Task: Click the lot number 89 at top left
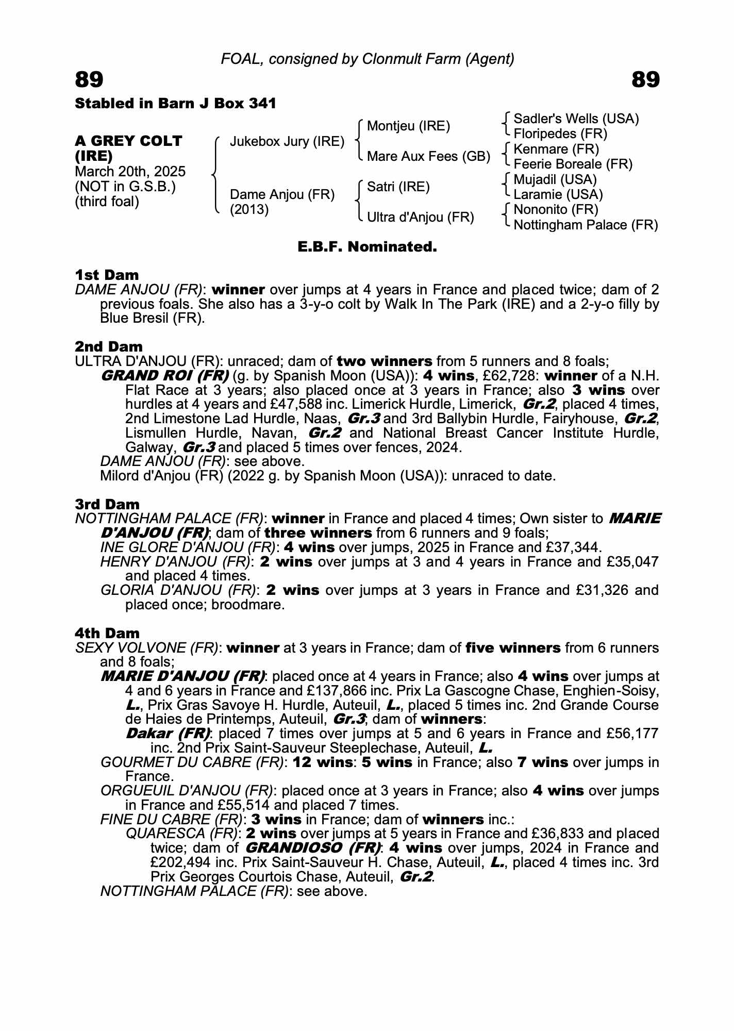point(89,80)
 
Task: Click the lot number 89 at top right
point(645,80)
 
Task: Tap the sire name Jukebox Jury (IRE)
point(287,141)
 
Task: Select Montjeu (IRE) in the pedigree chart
point(408,126)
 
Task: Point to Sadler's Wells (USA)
point(576,119)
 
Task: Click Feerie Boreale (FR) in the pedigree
point(573,164)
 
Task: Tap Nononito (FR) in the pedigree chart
point(556,209)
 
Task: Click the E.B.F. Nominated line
point(367,247)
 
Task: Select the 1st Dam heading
point(107,275)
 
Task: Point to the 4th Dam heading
point(107,633)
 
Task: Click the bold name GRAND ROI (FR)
point(165,375)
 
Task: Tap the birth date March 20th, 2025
point(130,171)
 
